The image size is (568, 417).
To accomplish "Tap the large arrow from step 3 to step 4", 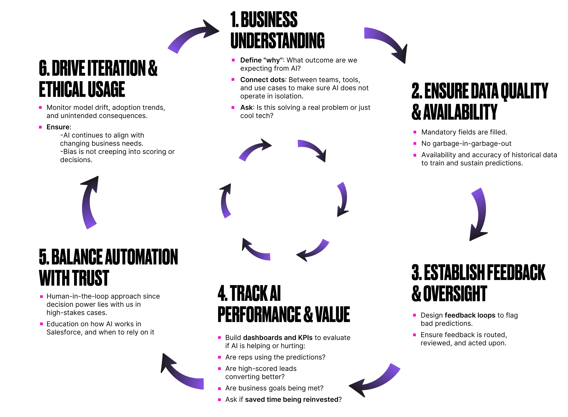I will point(376,381).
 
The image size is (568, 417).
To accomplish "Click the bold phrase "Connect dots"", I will point(262,80).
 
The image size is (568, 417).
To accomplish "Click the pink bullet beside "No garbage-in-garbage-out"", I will point(415,144).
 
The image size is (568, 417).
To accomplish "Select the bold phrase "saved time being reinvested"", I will point(291,400).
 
